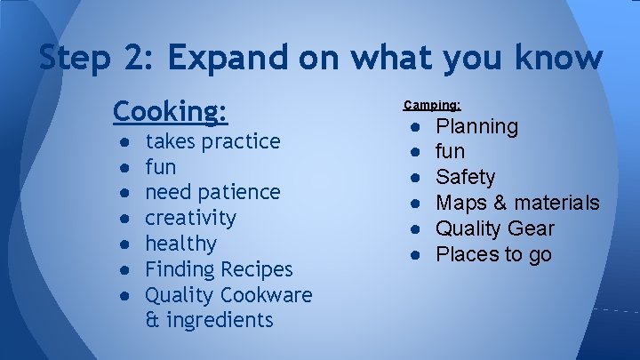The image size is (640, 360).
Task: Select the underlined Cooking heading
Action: point(171,111)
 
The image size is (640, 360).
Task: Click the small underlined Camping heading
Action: point(432,105)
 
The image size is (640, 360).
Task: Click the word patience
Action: point(237,192)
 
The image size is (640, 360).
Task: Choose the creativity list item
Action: point(190,218)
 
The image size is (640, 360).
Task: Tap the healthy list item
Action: point(180,244)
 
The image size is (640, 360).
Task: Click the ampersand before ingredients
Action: point(151,320)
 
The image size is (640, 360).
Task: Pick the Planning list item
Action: point(476,126)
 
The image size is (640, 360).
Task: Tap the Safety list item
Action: point(465,178)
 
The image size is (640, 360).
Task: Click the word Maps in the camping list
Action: point(459,204)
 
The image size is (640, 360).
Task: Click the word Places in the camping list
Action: point(466,255)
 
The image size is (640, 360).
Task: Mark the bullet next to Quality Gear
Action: point(415,229)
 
